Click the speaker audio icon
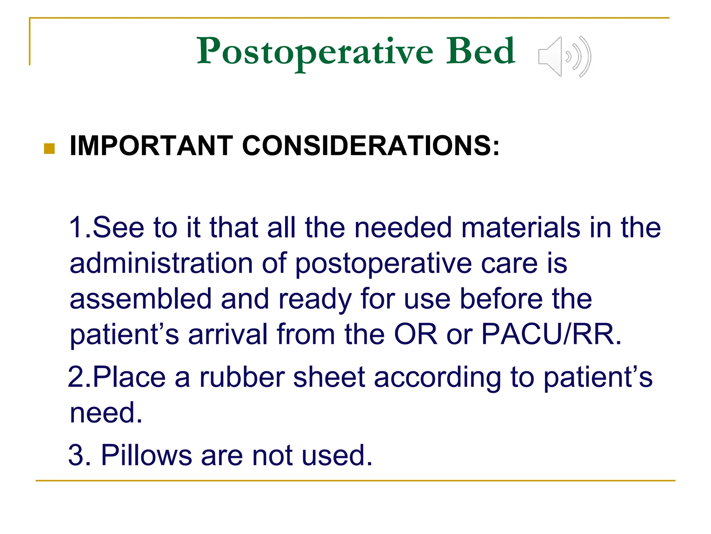point(564,57)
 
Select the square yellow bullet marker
point(50,148)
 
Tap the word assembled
point(141,299)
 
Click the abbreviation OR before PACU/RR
point(416,334)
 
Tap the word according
point(437,378)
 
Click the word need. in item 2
point(106,413)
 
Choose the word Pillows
point(146,455)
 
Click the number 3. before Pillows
point(80,455)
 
